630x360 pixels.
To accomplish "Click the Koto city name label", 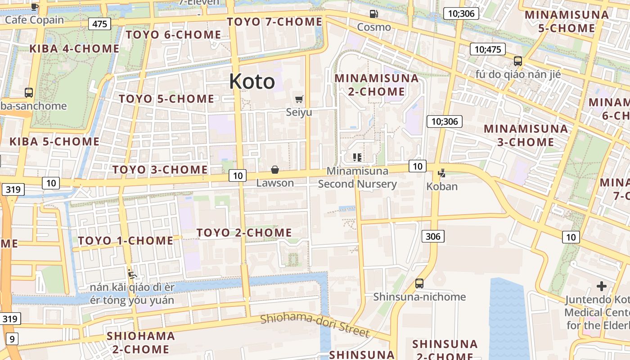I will pos(252,81).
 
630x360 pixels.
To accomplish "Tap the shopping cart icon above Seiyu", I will pos(299,99).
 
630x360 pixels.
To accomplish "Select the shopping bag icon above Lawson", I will pos(274,170).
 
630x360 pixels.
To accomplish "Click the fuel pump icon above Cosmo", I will pos(373,14).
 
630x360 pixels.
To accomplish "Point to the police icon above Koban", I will pos(441,173).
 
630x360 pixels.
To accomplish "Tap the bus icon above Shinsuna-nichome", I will pos(419,283).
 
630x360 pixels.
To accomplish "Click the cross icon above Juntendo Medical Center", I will pos(601,286).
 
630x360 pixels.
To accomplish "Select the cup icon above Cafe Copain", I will pos(35,7).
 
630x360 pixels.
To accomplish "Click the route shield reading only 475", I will pos(99,23).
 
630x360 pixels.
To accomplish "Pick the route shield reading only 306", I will pos(433,236).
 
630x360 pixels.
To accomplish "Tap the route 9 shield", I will pos(12,339).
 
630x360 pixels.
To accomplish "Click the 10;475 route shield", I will pos(487,49).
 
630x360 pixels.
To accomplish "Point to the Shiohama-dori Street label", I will pos(315,325).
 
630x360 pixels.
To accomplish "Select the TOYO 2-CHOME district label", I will pos(244,233).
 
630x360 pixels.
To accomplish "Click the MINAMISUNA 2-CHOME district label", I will pos(377,85).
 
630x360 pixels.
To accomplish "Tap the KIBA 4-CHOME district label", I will pos(74,49).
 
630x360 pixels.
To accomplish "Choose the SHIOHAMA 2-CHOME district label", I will pos(140,342).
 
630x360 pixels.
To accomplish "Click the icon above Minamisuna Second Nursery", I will pos(357,157).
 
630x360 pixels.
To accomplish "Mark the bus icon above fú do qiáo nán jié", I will pos(518,61).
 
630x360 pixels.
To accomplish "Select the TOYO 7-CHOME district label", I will pos(274,22).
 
